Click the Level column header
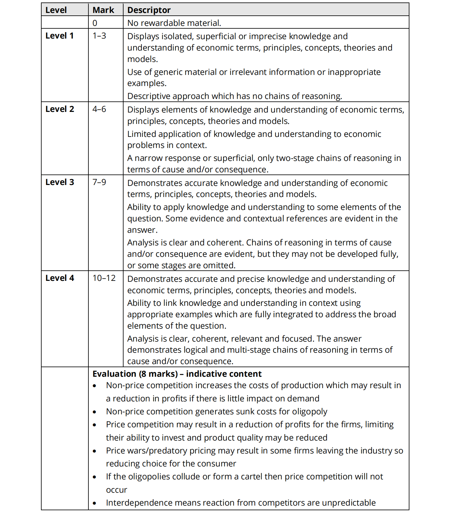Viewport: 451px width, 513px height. [x=56, y=10]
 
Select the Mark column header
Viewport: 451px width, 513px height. [x=103, y=10]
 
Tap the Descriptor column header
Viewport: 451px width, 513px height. [x=149, y=10]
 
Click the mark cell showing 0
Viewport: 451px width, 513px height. [x=95, y=23]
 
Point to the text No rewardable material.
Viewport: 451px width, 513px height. [x=174, y=23]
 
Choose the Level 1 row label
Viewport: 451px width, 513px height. [x=59, y=36]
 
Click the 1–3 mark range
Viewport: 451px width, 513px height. [x=99, y=36]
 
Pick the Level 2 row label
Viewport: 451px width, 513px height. [x=60, y=109]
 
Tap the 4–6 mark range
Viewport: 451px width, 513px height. [x=99, y=109]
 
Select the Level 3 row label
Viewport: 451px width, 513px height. [x=60, y=182]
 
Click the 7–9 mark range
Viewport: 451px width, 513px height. [x=99, y=182]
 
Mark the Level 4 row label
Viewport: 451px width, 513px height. [x=60, y=278]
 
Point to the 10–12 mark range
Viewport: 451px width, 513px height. [x=104, y=278]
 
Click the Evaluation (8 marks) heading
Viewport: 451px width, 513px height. [x=177, y=374]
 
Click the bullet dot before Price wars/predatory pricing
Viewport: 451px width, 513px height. [x=95, y=451]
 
